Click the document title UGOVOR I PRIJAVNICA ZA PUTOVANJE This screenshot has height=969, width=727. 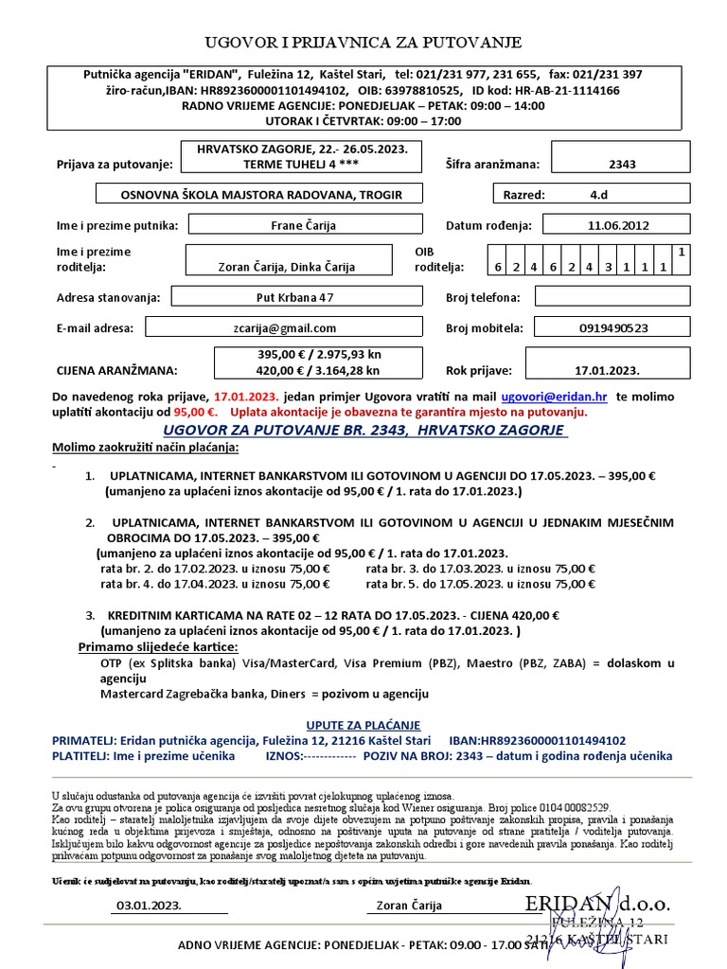pyautogui.click(x=363, y=43)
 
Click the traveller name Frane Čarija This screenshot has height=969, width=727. pyautogui.click(x=305, y=225)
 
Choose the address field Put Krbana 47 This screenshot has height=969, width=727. pyautogui.click(x=294, y=297)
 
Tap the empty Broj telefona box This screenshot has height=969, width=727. pyautogui.click(x=613, y=297)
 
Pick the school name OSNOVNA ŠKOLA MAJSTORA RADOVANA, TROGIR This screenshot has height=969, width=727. pyautogui.click(x=262, y=195)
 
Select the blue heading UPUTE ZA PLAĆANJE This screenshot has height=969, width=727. pyautogui.click(x=363, y=724)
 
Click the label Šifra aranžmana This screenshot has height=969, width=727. pyautogui.click(x=492, y=164)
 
